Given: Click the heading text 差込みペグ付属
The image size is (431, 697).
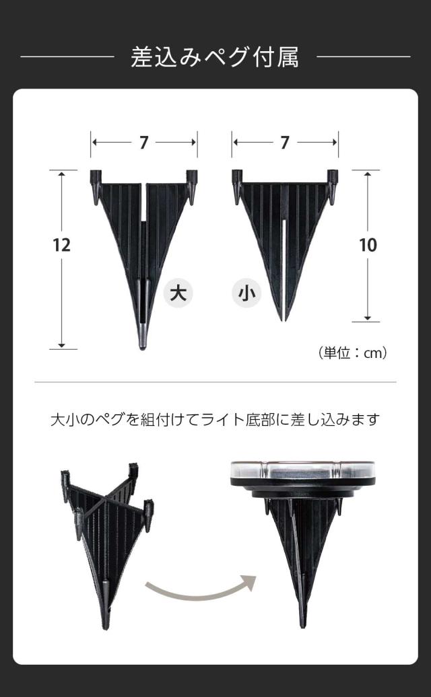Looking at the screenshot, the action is [x=215, y=57].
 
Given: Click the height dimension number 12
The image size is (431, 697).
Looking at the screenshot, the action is [x=61, y=245].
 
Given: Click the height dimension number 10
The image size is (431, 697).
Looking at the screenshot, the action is [x=368, y=245].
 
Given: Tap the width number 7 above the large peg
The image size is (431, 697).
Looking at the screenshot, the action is [x=143, y=143].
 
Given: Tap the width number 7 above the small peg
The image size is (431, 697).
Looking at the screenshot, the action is [x=285, y=143].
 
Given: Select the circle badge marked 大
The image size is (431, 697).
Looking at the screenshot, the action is [x=178, y=293].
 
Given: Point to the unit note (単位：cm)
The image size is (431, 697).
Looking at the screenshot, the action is [x=353, y=353].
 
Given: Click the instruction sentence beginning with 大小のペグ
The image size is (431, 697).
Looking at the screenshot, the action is [x=215, y=419].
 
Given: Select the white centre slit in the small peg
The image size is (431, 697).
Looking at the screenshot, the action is [x=284, y=266].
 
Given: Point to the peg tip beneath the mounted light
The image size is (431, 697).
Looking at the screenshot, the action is [x=303, y=622].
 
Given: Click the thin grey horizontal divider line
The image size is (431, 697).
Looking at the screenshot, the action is [x=215, y=382].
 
